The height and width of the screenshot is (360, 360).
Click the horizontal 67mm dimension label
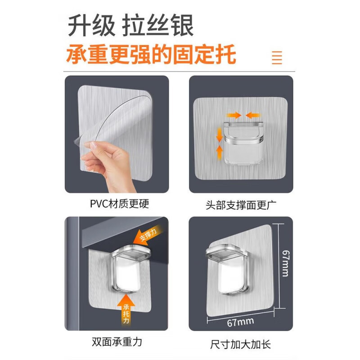pos(239,321)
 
